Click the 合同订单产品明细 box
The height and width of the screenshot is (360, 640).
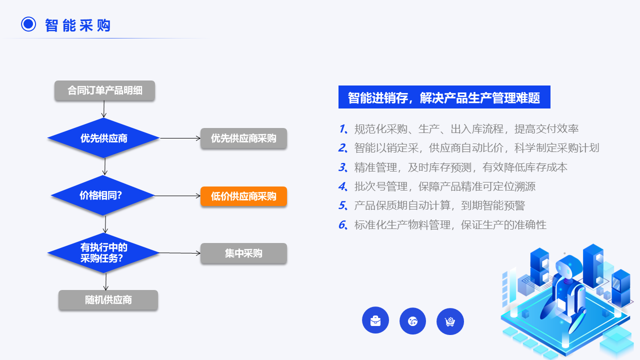pos(104,90)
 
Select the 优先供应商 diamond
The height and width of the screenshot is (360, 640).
pos(103,138)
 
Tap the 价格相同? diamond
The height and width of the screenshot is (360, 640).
pos(103,195)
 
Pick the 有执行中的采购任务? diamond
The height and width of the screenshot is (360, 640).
pos(103,253)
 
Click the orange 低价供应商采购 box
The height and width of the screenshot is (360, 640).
pos(243,196)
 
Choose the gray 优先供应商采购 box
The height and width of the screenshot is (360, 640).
pos(243,138)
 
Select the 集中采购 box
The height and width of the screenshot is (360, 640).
pos(243,253)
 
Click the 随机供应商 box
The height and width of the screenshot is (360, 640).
pos(108,300)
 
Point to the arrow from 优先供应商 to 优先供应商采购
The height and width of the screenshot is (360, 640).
pos(180,138)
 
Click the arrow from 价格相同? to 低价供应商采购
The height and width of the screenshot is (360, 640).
pos(177,196)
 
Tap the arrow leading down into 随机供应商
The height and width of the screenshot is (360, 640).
pos(105,281)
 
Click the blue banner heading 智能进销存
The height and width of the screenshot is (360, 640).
pos(444,97)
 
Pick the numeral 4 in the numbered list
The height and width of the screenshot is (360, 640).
pos(342,186)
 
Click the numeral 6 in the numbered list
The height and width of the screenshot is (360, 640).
pos(342,225)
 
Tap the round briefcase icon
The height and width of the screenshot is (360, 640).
pos(375,320)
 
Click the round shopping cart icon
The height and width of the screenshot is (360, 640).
pos(450,321)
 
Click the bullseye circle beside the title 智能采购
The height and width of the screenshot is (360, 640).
pos(28,24)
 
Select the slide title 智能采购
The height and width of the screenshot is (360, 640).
pos(77,25)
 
